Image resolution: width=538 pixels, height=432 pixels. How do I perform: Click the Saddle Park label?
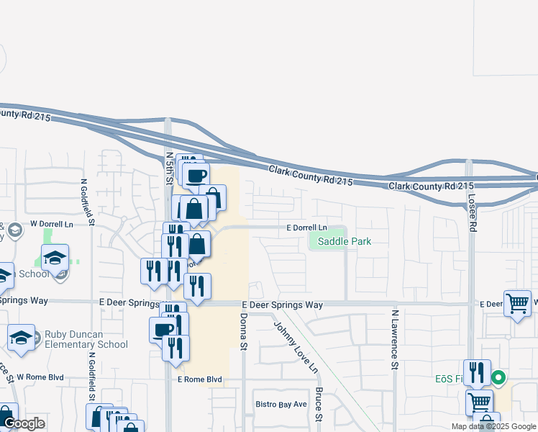(345, 242)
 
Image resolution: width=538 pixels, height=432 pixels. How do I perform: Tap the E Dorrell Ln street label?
(306, 228)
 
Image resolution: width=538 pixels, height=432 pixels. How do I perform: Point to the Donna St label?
(243, 332)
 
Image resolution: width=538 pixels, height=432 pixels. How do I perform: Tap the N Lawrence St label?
(395, 340)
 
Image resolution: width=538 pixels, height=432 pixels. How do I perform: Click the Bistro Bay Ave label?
(281, 405)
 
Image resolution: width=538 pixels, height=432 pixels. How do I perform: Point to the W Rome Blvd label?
(41, 377)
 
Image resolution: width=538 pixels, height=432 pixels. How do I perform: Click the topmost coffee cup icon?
(196, 175)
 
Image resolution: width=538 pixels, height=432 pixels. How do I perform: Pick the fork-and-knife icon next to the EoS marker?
(477, 372)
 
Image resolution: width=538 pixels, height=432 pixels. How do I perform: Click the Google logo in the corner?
(24, 424)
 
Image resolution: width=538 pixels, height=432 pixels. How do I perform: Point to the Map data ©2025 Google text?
(493, 426)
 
